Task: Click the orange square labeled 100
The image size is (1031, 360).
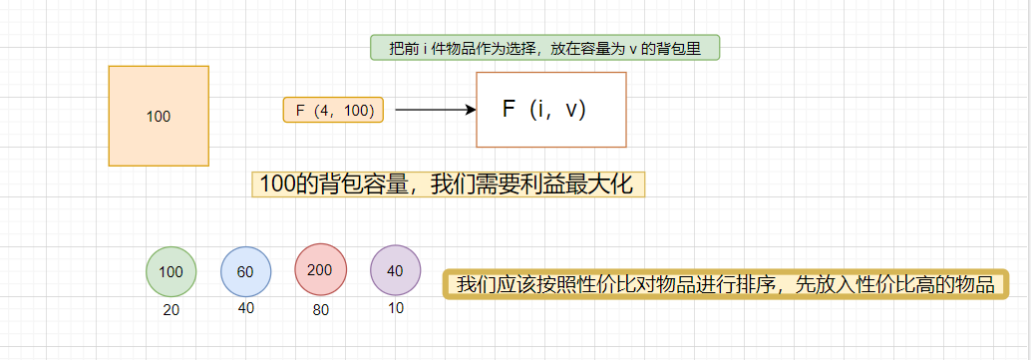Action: click(159, 116)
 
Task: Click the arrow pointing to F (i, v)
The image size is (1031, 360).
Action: click(435, 110)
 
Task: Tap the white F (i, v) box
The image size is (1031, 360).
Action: click(551, 110)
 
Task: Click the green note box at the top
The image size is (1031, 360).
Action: click(544, 48)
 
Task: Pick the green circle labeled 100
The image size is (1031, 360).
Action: click(172, 271)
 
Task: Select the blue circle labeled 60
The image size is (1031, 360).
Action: click(246, 271)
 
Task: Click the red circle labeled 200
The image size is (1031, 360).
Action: click(320, 269)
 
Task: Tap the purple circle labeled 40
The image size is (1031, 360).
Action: click(395, 271)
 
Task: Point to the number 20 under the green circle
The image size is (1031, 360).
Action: click(172, 310)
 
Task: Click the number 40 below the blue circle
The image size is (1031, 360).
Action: click(246, 308)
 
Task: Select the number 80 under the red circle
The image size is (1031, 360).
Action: click(320, 310)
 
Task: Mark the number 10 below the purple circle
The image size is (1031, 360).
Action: click(395, 308)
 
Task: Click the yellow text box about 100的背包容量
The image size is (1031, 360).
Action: click(448, 183)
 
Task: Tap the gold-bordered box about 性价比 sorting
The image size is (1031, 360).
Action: click(726, 284)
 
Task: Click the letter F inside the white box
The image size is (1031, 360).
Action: click(509, 110)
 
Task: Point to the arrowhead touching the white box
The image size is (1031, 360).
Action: click(472, 110)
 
